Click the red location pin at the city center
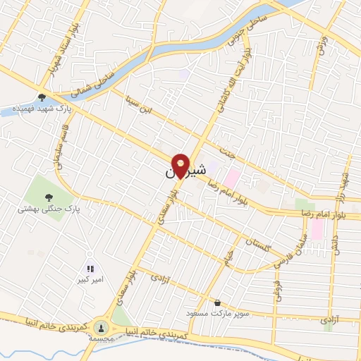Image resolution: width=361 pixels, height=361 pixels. pyautogui.click(x=181, y=166)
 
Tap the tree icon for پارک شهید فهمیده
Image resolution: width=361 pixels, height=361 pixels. pyautogui.click(x=42, y=98)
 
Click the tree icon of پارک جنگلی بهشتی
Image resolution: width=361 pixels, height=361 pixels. pyautogui.click(x=49, y=198)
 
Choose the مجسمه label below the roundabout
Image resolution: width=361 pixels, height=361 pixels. pyautogui.click(x=103, y=339)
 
